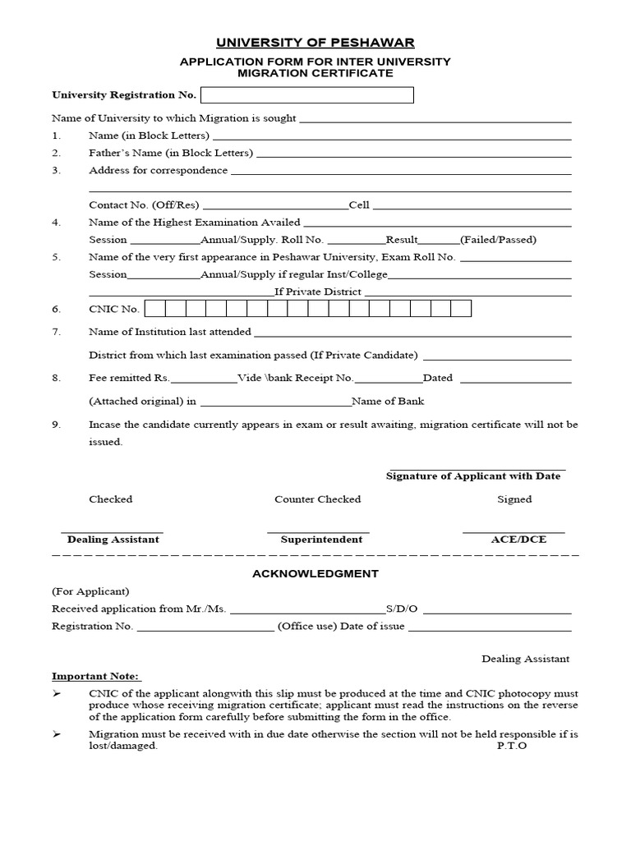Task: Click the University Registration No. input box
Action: click(307, 95)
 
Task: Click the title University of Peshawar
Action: click(315, 42)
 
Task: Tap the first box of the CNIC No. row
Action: click(155, 309)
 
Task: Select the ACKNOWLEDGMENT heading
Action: click(315, 573)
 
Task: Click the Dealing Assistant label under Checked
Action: click(113, 540)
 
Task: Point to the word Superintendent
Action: click(321, 540)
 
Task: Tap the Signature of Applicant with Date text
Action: click(473, 476)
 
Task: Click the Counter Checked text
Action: click(317, 499)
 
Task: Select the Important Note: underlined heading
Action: click(96, 677)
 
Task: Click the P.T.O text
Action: click(511, 746)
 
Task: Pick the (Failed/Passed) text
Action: click(498, 240)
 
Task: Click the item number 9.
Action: click(56, 425)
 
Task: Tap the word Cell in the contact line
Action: click(359, 205)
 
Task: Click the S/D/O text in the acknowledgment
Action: click(402, 609)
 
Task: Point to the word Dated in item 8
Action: click(437, 379)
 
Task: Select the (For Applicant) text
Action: click(90, 591)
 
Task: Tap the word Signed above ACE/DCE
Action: click(514, 499)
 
